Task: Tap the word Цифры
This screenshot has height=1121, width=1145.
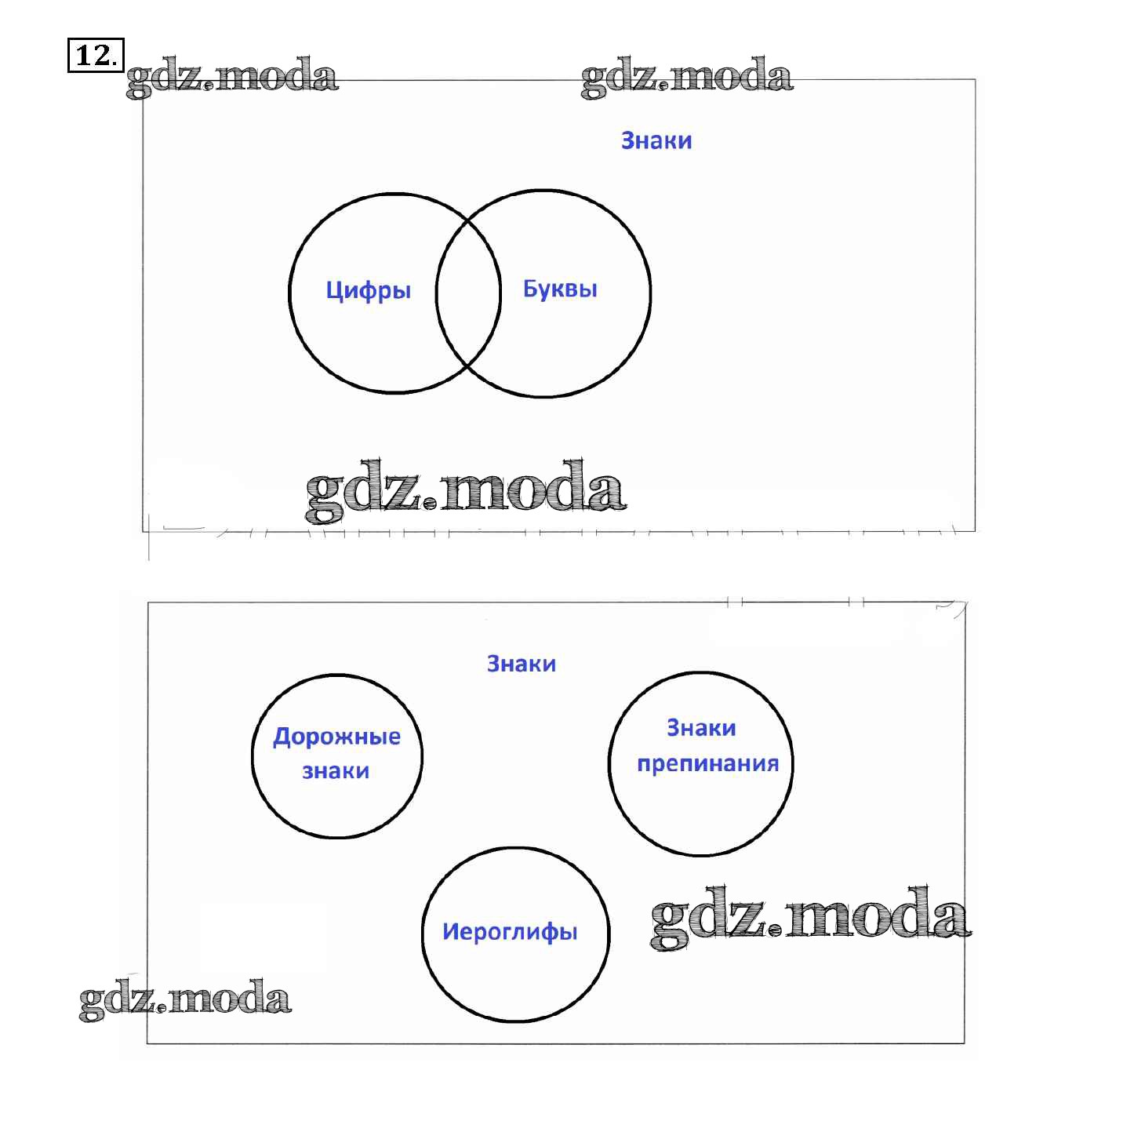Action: (368, 291)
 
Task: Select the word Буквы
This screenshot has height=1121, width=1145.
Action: (560, 289)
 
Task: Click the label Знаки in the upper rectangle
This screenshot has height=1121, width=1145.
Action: (656, 140)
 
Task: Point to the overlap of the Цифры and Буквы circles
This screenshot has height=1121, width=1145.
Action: (468, 292)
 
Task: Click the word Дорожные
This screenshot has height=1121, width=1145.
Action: (336, 737)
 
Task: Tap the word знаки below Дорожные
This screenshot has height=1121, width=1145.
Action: (336, 771)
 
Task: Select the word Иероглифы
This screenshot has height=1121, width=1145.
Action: (510, 931)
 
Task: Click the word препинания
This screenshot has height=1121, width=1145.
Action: (707, 763)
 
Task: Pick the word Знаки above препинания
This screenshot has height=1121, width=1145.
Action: (701, 728)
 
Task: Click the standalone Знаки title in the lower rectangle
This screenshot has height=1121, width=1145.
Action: (522, 664)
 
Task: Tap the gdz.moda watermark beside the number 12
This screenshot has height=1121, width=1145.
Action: (232, 77)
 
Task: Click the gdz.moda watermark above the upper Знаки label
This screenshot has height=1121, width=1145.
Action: (687, 77)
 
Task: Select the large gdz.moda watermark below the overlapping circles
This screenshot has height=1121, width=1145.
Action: (466, 490)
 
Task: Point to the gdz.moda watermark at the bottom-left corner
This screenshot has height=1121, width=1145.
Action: (185, 999)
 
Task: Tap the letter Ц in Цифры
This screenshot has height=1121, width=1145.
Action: (333, 291)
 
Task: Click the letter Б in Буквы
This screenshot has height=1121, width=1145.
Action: (530, 289)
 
